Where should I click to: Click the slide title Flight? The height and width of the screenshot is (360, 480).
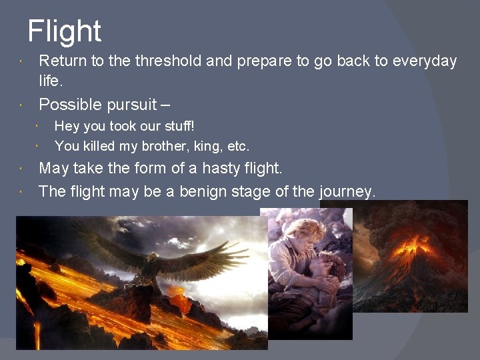pyautogui.click(x=64, y=31)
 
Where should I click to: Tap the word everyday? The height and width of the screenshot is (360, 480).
pyautogui.click(x=425, y=61)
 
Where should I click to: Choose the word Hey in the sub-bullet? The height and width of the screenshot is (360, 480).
pyautogui.click(x=65, y=126)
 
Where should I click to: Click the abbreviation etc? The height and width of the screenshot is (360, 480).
pyautogui.click(x=237, y=146)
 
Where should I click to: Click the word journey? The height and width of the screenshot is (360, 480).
pyautogui.click(x=347, y=192)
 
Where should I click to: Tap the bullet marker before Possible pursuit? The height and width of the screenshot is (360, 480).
pyautogui.click(x=21, y=105)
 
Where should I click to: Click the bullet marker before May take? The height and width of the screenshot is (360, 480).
pyautogui.click(x=21, y=169)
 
